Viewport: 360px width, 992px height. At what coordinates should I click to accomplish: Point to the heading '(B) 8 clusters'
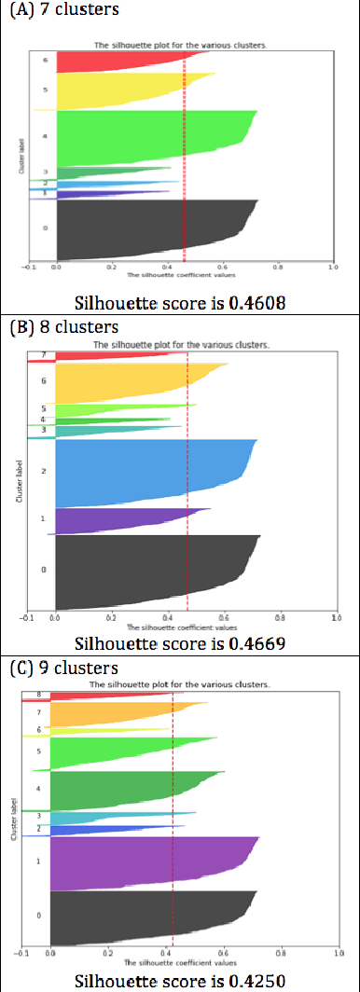pyautogui.click(x=64, y=327)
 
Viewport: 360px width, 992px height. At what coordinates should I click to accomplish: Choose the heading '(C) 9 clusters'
pyautogui.click(x=64, y=668)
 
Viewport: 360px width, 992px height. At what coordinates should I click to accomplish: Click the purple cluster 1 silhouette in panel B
pyautogui.click(x=112, y=520)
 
